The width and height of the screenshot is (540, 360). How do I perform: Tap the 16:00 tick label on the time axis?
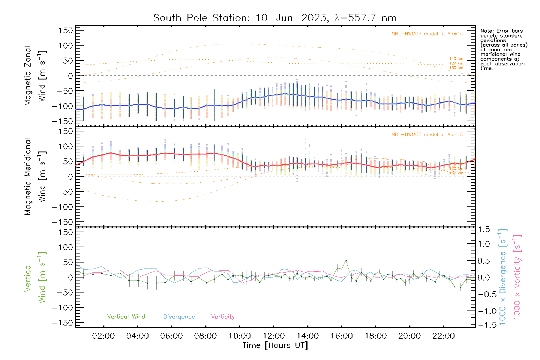click(341, 336)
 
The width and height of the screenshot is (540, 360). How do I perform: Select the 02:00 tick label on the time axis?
click(103, 336)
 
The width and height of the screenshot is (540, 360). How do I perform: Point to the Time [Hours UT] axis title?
click(275, 345)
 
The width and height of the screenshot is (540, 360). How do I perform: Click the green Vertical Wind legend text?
click(126, 316)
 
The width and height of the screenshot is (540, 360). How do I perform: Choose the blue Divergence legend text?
click(179, 316)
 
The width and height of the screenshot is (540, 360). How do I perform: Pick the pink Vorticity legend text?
click(223, 316)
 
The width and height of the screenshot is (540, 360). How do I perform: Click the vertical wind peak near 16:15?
click(346, 260)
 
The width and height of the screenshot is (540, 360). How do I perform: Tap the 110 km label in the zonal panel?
click(456, 59)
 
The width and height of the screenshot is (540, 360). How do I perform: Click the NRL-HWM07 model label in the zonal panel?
click(427, 34)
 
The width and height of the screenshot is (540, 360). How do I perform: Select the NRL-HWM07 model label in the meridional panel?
click(427, 135)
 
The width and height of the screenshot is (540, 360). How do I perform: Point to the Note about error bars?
click(503, 49)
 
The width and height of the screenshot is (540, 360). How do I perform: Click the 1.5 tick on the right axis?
click(484, 229)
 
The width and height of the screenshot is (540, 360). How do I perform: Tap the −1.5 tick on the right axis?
click(484, 325)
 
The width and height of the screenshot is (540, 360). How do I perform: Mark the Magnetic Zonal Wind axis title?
click(35, 76)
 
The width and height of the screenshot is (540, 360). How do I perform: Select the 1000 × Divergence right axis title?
click(503, 277)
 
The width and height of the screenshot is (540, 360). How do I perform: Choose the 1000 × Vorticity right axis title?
click(517, 277)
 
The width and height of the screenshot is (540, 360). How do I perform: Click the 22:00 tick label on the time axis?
click(443, 336)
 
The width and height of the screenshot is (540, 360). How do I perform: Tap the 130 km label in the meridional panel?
click(456, 173)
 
